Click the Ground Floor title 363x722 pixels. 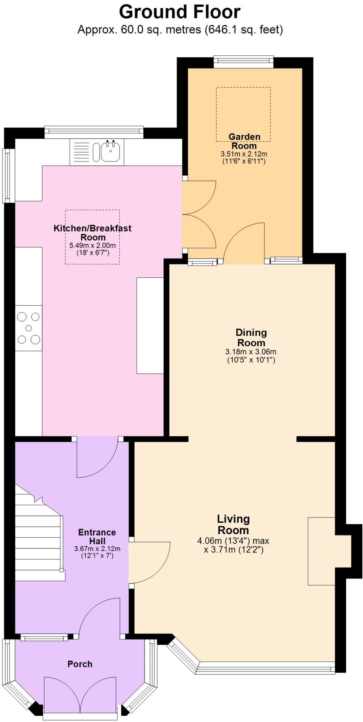[180, 12]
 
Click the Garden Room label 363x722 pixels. [244, 141]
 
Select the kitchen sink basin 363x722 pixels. [111, 152]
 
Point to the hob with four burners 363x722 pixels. [29, 328]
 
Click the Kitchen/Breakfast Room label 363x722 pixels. [93, 233]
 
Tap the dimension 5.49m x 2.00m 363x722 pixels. [93, 245]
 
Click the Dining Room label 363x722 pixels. [251, 337]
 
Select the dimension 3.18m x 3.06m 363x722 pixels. [251, 352]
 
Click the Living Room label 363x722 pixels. [233, 524]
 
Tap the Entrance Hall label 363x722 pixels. [97, 537]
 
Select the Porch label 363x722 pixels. [80, 664]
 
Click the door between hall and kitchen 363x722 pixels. [97, 457]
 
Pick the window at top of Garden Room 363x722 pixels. [243, 62]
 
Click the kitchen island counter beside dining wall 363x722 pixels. [150, 325]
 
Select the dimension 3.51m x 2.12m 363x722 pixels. [244, 154]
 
